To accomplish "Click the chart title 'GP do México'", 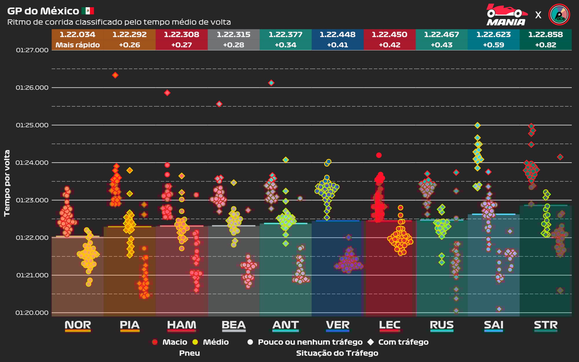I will [43, 11].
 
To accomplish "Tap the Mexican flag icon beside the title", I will [88, 11].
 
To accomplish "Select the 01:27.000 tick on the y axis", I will [32, 50].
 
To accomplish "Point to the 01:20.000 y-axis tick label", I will [32, 313].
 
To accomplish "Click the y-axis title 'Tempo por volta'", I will [7, 183].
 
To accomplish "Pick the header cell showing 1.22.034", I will [77, 34].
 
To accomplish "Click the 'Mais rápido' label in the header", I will [77, 45].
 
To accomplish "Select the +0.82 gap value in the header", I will [545, 45].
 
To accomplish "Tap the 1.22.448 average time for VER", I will [337, 34].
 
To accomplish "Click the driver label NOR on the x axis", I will [78, 325].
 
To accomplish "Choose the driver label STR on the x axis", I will [545, 325].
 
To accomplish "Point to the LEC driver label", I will [389, 325].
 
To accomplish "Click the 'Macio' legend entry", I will [175, 342].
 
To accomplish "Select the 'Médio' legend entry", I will [216, 342].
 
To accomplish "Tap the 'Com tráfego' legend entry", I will [403, 342].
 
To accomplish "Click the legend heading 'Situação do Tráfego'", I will [337, 353].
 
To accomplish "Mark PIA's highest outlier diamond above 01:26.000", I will [115, 75].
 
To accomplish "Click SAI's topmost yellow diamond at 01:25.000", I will [477, 125].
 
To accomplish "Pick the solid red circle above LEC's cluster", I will [379, 155].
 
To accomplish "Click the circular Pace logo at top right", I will [559, 14].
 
